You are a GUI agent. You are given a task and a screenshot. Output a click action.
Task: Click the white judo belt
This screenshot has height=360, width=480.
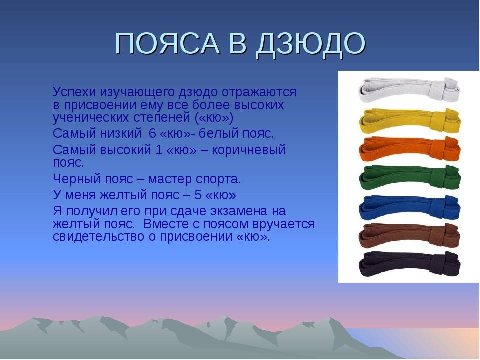point(409,91)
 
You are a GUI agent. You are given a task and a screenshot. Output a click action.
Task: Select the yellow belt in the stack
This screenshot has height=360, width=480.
point(409,121)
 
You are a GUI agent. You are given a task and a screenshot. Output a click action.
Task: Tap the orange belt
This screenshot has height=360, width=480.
point(409,149)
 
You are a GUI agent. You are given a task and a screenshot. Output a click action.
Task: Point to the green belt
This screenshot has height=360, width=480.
point(409,178)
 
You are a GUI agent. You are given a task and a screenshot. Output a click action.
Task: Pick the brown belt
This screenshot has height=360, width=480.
point(409,236)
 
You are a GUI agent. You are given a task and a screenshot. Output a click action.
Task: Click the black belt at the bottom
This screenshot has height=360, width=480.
point(409,264)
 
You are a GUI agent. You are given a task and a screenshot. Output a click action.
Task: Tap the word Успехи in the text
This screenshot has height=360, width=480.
point(74,92)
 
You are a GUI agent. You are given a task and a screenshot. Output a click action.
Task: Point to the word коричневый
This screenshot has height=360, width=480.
point(248,150)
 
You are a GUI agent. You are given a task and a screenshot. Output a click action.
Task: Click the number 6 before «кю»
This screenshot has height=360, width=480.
point(152,134)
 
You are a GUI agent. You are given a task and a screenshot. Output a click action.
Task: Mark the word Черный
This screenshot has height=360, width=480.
point(77,179)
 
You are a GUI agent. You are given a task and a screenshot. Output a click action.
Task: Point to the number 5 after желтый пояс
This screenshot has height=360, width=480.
point(198,195)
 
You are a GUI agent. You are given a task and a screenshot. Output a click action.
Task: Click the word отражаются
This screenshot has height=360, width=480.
point(259,92)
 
